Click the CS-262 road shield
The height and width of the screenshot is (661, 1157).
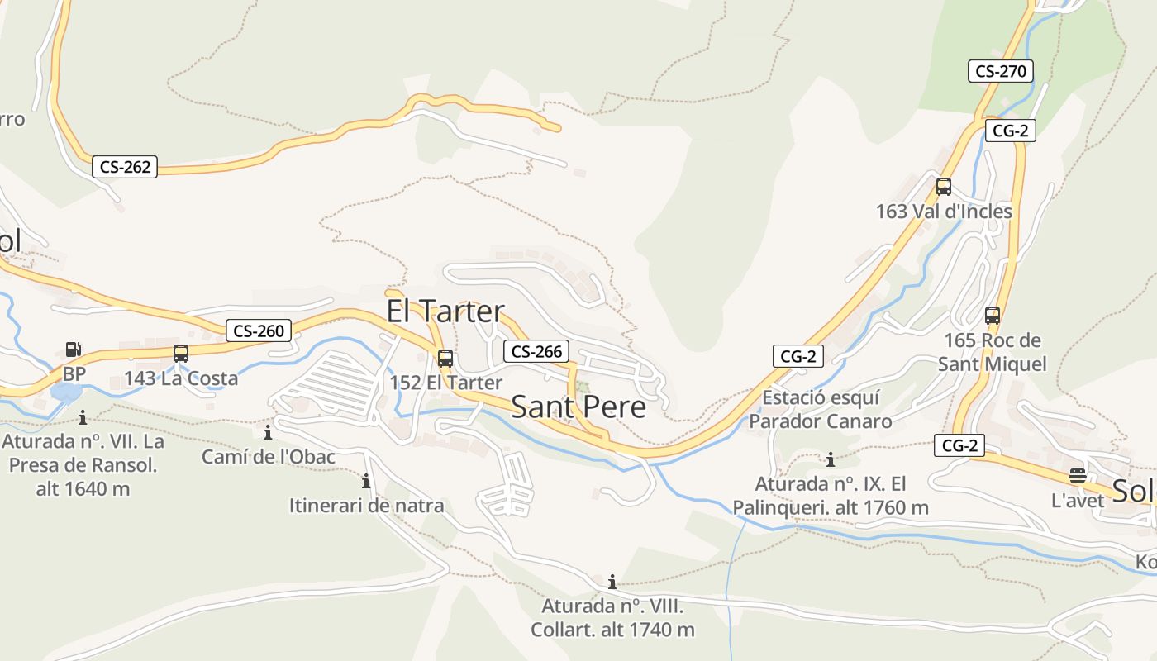tap(125, 167)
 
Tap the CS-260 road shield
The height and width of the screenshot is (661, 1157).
tap(259, 331)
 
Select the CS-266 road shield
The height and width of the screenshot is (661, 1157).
tap(537, 351)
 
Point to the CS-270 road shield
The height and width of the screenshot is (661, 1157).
tap(1000, 71)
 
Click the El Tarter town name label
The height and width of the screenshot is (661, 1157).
tap(445, 311)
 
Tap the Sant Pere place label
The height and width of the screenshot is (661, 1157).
tap(578, 407)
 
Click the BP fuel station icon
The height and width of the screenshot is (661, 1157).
tap(74, 350)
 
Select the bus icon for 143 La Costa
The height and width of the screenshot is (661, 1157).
tap(181, 354)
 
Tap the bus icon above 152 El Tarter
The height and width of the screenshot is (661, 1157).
tap(445, 359)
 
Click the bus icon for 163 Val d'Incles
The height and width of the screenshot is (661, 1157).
tap(944, 187)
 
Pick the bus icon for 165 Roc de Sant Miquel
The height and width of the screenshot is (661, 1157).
tap(993, 316)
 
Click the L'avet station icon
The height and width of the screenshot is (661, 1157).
tap(1077, 476)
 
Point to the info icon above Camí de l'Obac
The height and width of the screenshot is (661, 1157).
tap(268, 432)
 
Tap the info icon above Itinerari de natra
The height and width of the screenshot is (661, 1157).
tap(366, 481)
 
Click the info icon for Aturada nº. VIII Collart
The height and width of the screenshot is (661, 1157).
tap(612, 581)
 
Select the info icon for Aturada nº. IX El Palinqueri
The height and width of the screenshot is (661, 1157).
tap(831, 459)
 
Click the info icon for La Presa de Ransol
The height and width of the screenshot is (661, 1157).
tap(82, 417)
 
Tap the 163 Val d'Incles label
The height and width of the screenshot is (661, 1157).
tap(944, 212)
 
